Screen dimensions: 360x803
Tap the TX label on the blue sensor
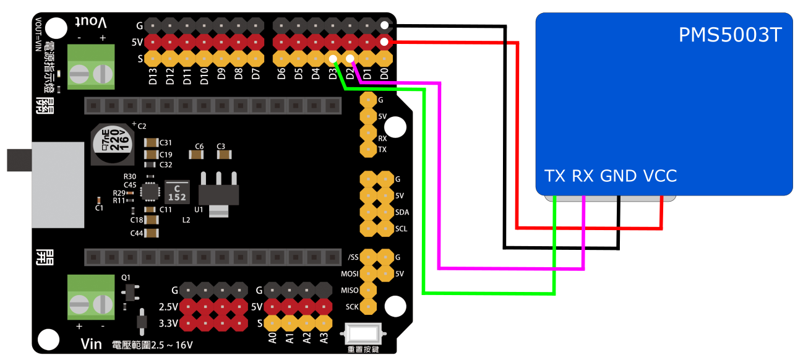click(555, 176)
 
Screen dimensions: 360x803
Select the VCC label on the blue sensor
click(660, 176)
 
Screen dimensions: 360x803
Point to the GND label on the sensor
click(618, 176)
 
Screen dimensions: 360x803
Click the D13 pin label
click(153, 79)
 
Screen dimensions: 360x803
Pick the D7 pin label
click(255, 76)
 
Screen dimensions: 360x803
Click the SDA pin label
click(401, 212)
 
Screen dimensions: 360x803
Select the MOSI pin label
click(350, 273)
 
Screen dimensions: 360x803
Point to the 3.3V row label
click(168, 323)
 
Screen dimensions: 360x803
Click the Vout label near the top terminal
click(92, 22)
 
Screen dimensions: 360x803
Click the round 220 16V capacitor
click(113, 144)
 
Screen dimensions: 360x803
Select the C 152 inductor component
click(177, 191)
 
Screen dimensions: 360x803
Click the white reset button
click(363, 335)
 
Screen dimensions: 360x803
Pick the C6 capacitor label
click(199, 147)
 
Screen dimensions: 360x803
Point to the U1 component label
click(199, 210)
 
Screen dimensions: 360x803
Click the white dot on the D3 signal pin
click(333, 59)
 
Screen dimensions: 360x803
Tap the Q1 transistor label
click(127, 277)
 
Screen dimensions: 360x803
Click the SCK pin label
click(351, 307)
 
